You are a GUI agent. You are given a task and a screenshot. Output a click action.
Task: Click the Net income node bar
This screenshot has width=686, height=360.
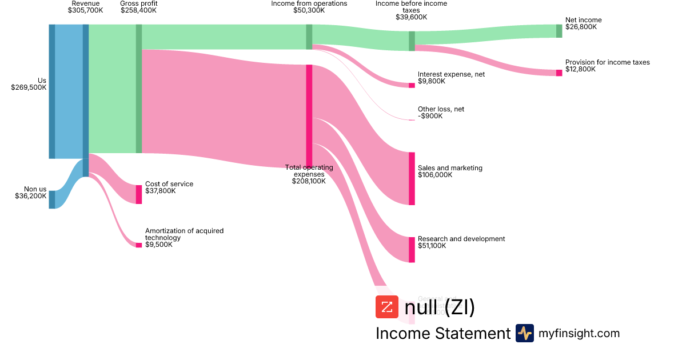(559, 31)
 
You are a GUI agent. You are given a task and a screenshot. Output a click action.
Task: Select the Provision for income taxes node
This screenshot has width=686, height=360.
(559, 73)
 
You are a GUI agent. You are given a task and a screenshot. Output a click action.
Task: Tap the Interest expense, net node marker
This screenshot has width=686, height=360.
(412, 85)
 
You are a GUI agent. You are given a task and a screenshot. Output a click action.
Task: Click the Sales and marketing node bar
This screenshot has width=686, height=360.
(412, 178)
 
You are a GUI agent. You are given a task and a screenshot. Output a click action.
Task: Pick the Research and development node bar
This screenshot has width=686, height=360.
(412, 249)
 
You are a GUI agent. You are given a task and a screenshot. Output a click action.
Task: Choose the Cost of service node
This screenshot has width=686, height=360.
(138, 194)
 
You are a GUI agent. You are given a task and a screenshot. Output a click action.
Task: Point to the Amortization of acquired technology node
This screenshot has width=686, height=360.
(138, 245)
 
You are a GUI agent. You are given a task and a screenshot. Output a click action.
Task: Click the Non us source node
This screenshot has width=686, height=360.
(52, 199)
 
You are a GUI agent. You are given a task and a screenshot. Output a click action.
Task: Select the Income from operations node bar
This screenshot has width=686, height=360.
(309, 37)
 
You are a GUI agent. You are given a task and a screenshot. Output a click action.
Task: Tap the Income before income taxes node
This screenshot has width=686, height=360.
(412, 41)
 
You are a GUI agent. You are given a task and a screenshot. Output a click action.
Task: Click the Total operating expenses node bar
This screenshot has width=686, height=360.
(309, 114)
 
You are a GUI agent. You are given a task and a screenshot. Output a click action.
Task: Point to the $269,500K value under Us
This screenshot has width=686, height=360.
(29, 87)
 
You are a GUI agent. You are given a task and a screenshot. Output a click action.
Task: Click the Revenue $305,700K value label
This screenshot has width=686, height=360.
(85, 10)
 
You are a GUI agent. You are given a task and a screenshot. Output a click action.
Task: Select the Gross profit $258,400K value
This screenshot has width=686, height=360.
(138, 10)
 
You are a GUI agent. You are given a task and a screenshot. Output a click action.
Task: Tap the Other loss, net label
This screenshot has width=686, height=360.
(441, 109)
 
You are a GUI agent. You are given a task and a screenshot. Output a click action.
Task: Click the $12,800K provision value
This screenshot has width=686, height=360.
(580, 69)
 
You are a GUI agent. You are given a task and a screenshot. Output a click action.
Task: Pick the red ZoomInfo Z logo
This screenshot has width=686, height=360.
(386, 307)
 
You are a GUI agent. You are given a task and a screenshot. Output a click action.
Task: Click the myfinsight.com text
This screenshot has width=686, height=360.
(579, 333)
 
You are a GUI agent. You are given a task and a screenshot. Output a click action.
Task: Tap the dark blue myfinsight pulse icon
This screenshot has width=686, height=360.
(524, 333)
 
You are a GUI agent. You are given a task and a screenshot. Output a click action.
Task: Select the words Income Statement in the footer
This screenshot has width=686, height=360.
(443, 334)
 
